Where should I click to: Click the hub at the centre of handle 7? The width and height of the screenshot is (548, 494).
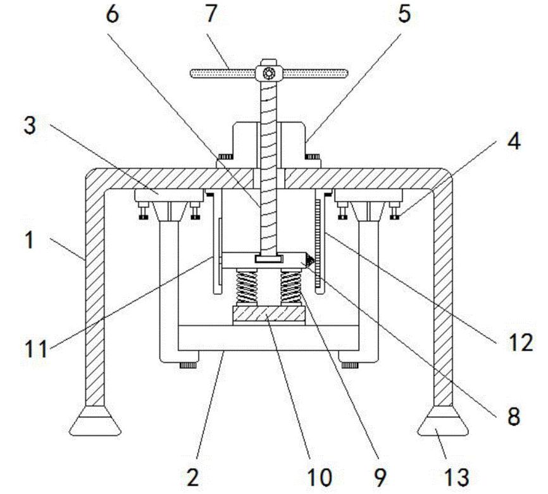(269, 74)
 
